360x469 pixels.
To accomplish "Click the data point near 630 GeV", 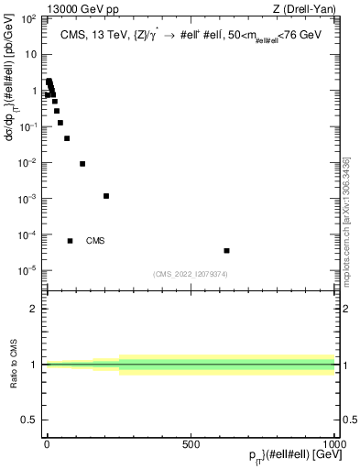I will pos(226,250).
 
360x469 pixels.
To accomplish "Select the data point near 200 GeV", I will pos(106,196).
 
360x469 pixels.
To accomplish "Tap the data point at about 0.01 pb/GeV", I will pos(82,164).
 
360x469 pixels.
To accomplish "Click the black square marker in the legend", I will pos(70,241).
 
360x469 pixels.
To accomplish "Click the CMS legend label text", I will pos(95,241).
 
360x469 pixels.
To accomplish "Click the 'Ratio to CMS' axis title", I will pos(14,364).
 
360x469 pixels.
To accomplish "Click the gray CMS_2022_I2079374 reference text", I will pos(190,273).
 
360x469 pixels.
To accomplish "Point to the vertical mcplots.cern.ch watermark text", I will pos(346,234).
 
